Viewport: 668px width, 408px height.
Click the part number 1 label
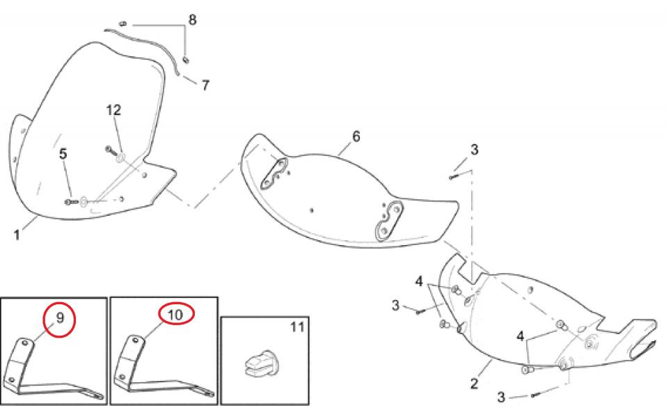tap(17, 235)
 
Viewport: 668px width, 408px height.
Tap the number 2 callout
tap(475, 383)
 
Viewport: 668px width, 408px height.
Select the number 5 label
tap(63, 153)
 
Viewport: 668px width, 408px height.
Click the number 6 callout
tap(356, 136)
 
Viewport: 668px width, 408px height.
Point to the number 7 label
tap(205, 85)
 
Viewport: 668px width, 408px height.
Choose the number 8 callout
tap(193, 19)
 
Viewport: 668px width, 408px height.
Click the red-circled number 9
tap(60, 317)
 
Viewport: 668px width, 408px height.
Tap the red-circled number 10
tap(175, 315)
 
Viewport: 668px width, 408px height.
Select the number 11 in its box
tap(297, 327)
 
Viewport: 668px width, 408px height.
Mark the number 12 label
tap(113, 110)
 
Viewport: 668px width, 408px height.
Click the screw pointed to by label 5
tap(71, 202)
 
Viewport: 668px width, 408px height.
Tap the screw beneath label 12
tap(111, 150)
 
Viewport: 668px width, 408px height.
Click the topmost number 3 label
tap(474, 150)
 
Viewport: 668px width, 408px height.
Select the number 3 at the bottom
tap(501, 398)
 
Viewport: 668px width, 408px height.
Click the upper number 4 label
tap(419, 281)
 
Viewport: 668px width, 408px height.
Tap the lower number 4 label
tap(520, 336)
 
